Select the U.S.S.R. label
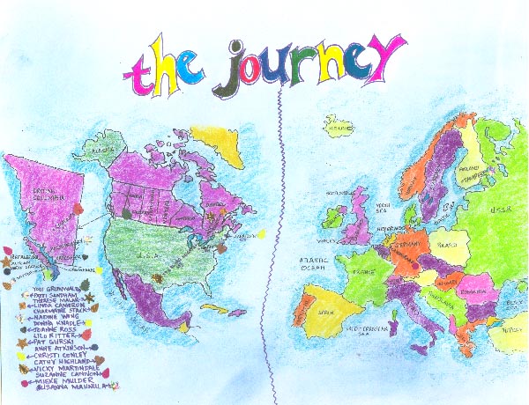pyautogui.click(x=498, y=210)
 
